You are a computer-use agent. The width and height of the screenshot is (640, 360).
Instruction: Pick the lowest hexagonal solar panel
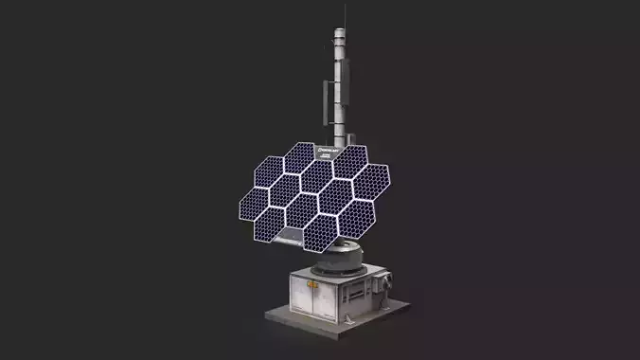pyautogui.click(x=321, y=230)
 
